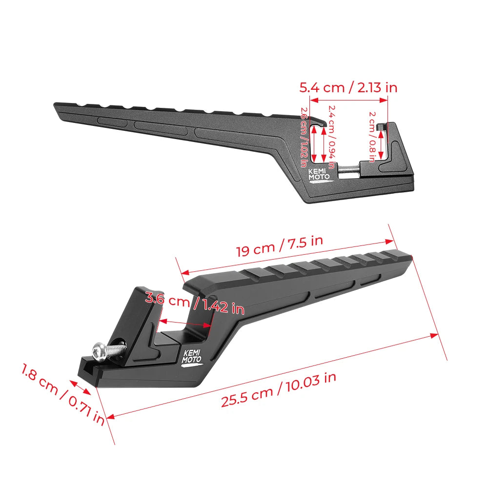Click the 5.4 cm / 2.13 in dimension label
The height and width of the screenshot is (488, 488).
[x=348, y=87]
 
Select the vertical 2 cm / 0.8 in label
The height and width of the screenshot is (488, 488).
[x=372, y=137]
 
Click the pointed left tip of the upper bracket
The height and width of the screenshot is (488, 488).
[x=57, y=105]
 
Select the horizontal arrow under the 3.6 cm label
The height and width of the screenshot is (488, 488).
[x=185, y=322]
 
